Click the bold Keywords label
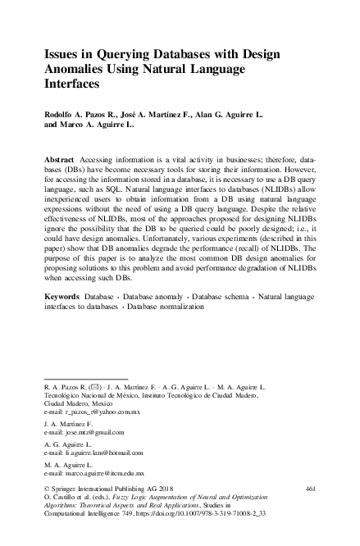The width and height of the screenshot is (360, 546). (x=62, y=293)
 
